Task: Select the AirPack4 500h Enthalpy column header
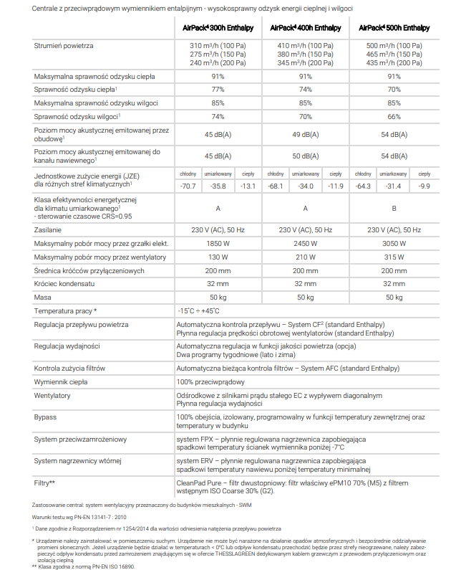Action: click(394, 28)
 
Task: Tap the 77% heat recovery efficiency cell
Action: click(218, 90)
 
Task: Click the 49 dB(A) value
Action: click(306, 135)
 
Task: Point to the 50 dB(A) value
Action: click(306, 156)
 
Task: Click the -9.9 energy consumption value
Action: click(425, 186)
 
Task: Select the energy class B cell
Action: click(394, 208)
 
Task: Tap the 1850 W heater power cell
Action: click(218, 244)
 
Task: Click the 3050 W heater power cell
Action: click(394, 244)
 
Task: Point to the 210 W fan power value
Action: click(306, 257)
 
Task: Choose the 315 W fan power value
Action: click(394, 257)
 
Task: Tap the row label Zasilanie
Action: click(48, 230)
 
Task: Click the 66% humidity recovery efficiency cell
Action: click(394, 116)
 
